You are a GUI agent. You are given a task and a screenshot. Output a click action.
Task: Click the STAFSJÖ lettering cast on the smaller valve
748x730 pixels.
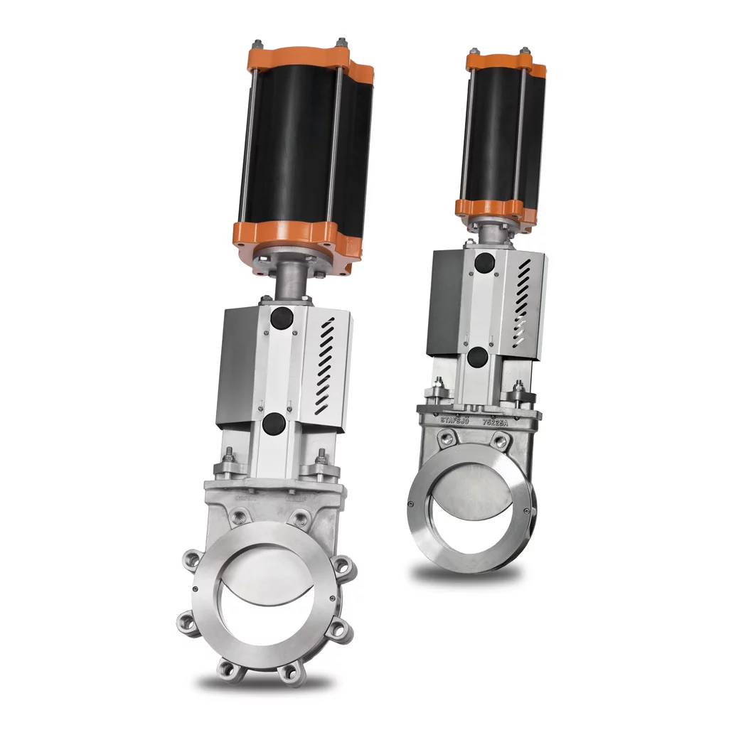point(456,421)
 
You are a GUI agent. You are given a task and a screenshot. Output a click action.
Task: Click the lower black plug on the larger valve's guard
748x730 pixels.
point(274,424)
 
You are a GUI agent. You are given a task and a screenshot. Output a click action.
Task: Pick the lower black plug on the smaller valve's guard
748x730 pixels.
point(478,357)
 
